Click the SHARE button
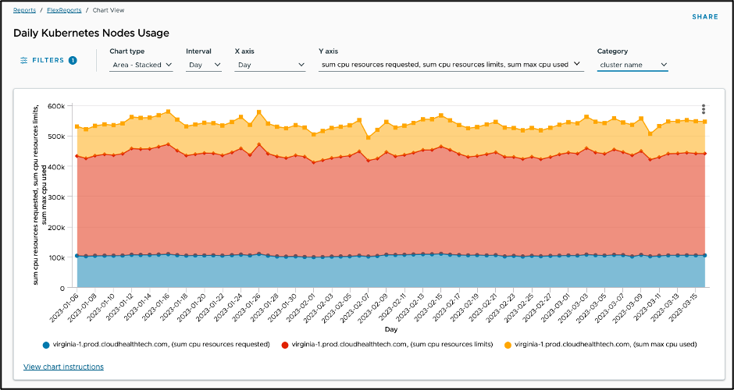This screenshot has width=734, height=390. pos(704,16)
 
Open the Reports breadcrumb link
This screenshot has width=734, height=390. pos(24,10)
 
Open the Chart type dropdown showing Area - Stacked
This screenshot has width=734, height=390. pos(141,66)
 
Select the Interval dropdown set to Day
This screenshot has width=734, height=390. pos(203,66)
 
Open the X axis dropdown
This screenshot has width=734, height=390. pos(269,66)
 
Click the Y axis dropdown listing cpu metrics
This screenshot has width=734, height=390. pos(451,65)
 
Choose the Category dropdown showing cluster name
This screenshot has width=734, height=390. pos(632,66)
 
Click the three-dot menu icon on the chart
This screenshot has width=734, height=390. pos(704,109)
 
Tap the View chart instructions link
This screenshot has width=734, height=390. pos(63,367)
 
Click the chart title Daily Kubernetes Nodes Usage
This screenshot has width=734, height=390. pos(91,34)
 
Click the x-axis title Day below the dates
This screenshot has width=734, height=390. pos(390,330)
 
